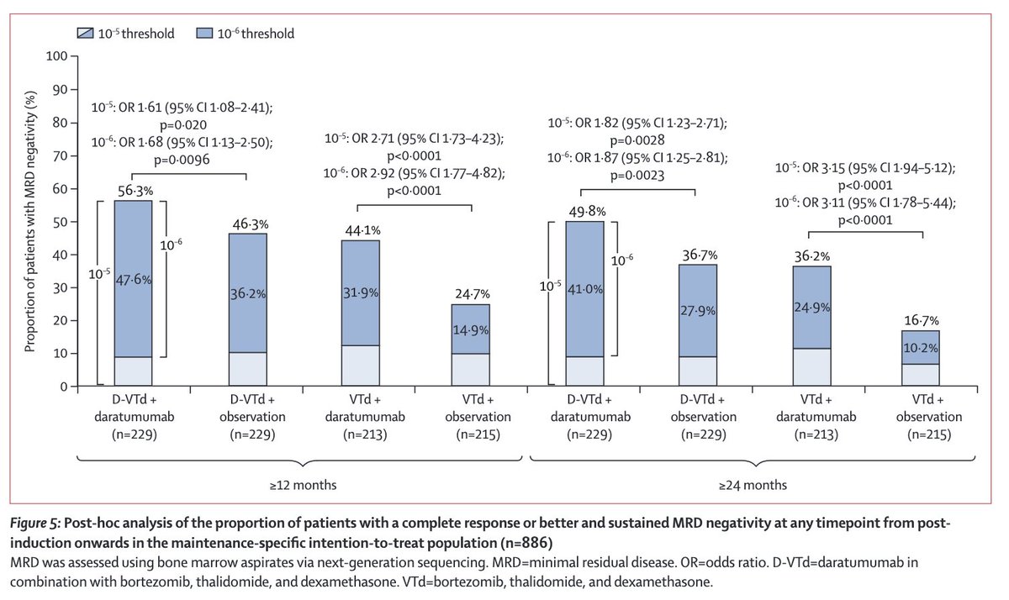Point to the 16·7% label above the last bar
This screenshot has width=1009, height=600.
tap(922, 321)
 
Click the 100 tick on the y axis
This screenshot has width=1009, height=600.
tap(57, 57)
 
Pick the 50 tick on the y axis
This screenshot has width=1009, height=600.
tap(61, 222)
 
